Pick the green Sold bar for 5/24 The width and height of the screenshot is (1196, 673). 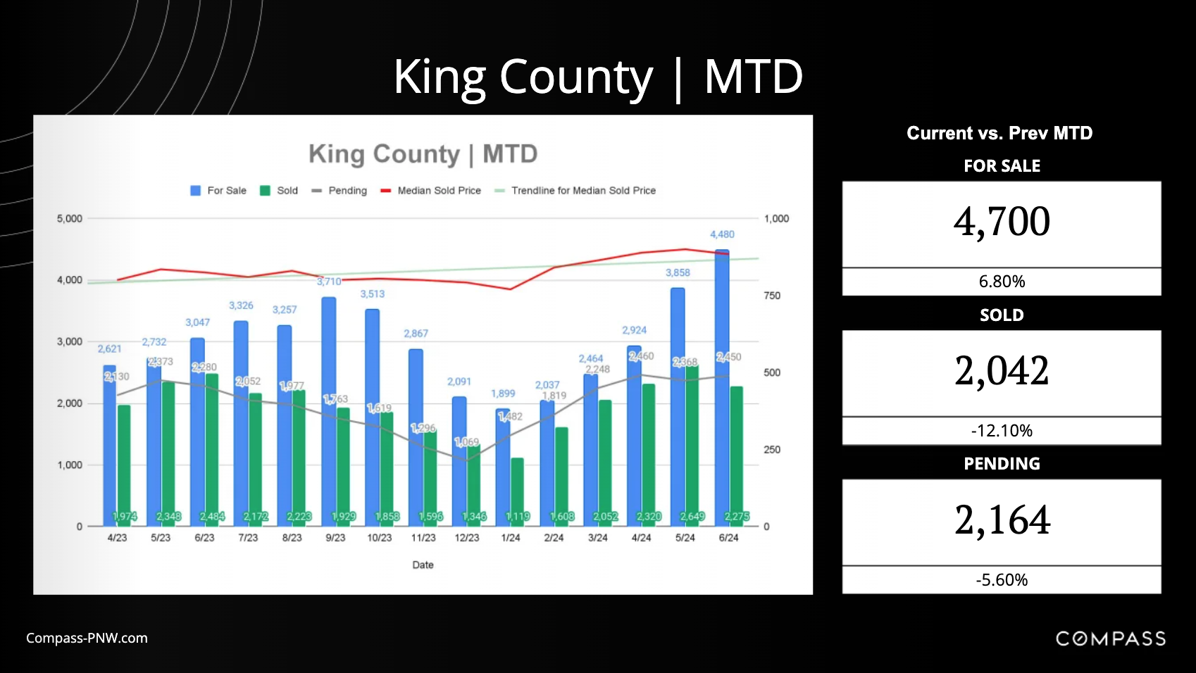(x=692, y=444)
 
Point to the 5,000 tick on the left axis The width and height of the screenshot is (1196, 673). (x=70, y=219)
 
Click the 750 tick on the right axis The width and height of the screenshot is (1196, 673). (x=772, y=296)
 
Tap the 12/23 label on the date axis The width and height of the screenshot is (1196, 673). (x=466, y=538)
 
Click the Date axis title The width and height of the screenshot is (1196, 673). (x=423, y=565)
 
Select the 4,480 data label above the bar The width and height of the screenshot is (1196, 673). (x=722, y=234)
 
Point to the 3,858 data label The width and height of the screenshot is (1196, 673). (x=678, y=272)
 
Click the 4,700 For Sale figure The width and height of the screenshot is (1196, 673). (x=1001, y=222)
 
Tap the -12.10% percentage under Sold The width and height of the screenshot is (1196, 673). (x=1001, y=431)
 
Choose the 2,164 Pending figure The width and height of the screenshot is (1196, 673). (x=1002, y=520)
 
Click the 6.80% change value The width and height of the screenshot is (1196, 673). (x=1001, y=282)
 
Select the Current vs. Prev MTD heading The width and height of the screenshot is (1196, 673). (x=999, y=133)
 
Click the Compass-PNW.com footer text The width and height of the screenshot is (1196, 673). (x=87, y=639)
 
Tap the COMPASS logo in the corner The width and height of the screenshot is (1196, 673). (x=1110, y=639)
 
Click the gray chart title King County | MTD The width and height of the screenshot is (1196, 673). (x=423, y=153)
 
